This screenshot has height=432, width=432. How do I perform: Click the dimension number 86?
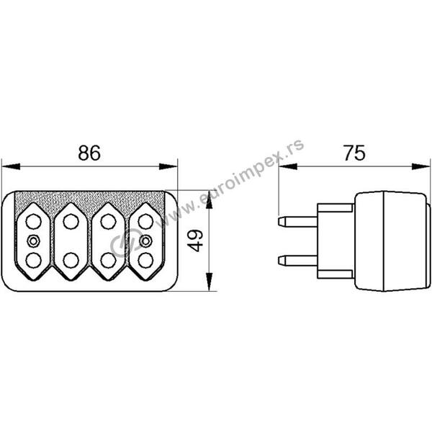[89, 153]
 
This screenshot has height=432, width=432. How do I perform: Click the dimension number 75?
[354, 153]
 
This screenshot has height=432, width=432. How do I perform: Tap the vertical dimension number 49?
[195, 241]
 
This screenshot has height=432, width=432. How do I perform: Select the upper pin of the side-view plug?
[298, 222]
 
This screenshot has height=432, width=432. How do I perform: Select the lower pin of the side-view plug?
[298, 261]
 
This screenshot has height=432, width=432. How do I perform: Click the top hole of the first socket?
[34, 222]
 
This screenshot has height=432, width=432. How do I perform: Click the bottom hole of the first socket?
[34, 261]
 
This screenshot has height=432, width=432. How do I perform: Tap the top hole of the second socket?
[71, 222]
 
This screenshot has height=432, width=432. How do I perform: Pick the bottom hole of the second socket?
[71, 261]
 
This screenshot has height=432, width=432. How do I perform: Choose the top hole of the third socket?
[108, 222]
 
